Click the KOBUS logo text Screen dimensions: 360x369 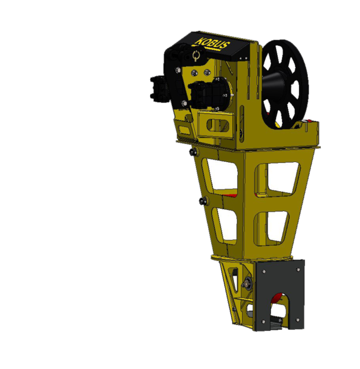tap(212, 43)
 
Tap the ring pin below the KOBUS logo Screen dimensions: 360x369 tap(195, 56)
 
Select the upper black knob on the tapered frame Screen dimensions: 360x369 tap(194, 152)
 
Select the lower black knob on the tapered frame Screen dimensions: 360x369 tap(203, 201)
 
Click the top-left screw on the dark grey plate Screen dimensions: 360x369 tap(264, 272)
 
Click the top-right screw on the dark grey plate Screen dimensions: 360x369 tap(298, 270)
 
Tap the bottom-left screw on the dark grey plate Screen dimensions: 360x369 tap(263, 321)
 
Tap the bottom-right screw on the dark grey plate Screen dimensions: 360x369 tap(298, 320)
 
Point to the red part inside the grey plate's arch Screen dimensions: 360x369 tap(277, 298)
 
